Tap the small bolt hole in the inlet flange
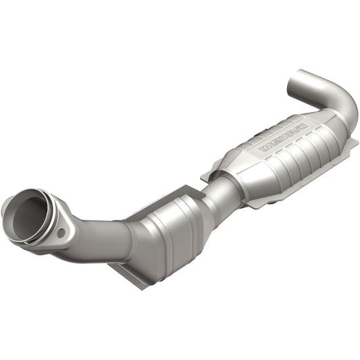click(x=61, y=233)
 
